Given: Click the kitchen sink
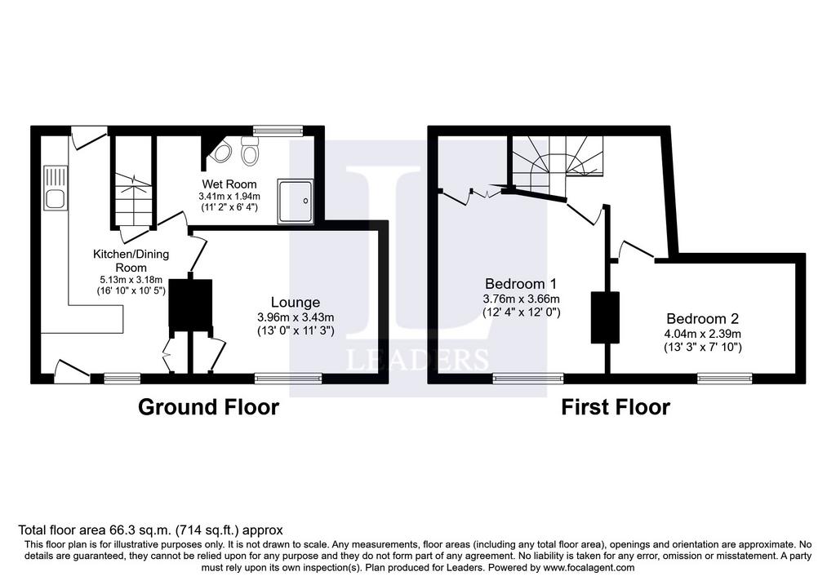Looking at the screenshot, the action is pyautogui.click(x=56, y=188).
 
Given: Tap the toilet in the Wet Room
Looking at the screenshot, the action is pyautogui.click(x=249, y=149).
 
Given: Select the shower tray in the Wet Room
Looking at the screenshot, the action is pyautogui.click(x=296, y=201).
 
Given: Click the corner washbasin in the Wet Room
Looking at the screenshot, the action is pyautogui.click(x=220, y=153).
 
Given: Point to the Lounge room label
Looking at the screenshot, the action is pyautogui.click(x=296, y=302).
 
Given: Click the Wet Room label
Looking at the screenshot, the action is pyautogui.click(x=229, y=184).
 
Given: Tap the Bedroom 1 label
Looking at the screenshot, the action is pyautogui.click(x=521, y=283).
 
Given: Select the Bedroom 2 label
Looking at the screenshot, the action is pyautogui.click(x=703, y=318).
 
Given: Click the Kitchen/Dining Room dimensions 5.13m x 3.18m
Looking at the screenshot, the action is pyautogui.click(x=131, y=279).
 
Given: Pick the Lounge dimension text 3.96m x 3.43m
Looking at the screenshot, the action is pyautogui.click(x=296, y=317).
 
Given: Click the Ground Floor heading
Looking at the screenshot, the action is pyautogui.click(x=208, y=407).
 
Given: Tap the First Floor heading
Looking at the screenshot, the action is pyautogui.click(x=616, y=407).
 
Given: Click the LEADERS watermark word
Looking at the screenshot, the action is pyautogui.click(x=417, y=360).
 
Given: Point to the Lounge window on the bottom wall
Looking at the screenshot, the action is pyautogui.click(x=288, y=379).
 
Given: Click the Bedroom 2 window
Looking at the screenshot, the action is pyautogui.click(x=725, y=379).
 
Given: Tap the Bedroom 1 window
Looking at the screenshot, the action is pyautogui.click(x=528, y=379).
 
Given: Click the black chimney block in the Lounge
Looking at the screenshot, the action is pyautogui.click(x=190, y=303).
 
